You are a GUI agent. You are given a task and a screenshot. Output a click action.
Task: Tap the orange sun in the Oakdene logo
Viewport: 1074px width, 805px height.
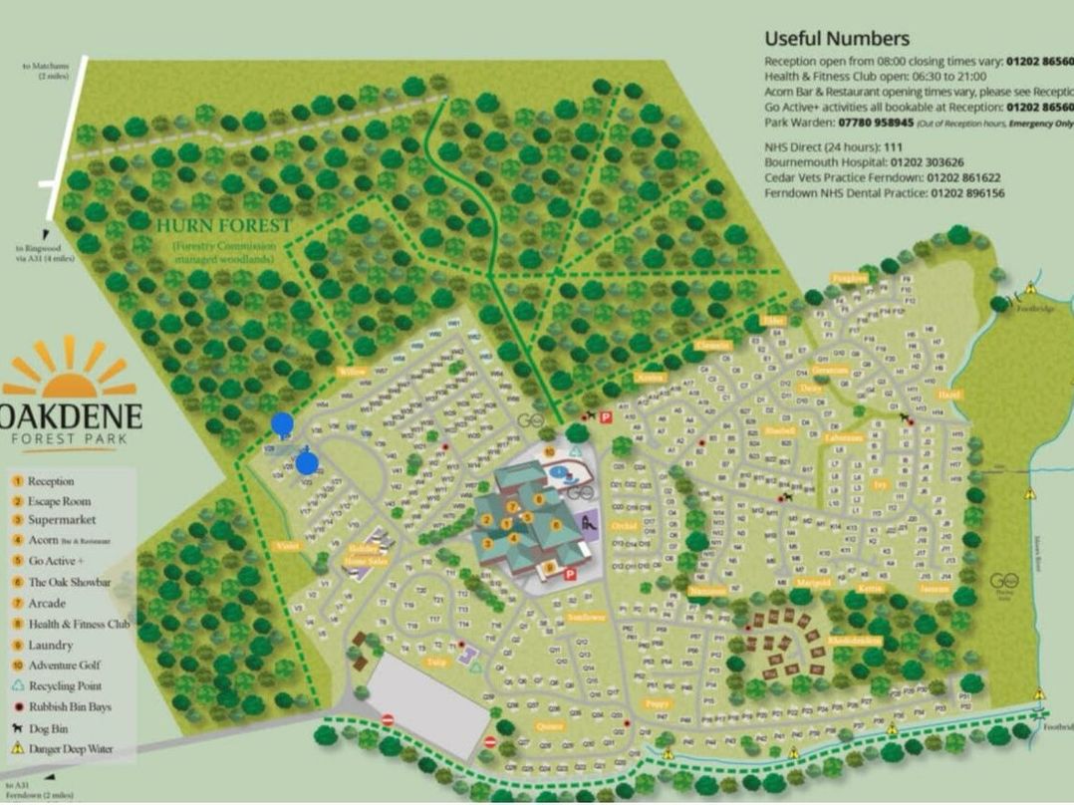point(70,370)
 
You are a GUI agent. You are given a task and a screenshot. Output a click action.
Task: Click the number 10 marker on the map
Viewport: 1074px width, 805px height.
point(550,453)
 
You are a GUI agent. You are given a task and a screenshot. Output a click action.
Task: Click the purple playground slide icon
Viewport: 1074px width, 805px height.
point(587,520)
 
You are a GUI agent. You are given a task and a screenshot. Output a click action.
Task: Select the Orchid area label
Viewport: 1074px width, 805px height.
point(625,525)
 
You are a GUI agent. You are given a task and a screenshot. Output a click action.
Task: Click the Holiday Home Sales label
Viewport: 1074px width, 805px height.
point(364,555)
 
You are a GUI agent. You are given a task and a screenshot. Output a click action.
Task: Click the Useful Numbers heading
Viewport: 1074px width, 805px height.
point(837,39)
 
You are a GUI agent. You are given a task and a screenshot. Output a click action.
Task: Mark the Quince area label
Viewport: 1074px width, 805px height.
point(550,726)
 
